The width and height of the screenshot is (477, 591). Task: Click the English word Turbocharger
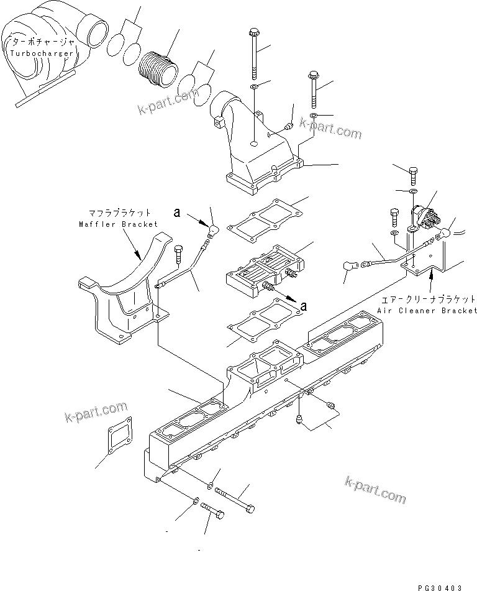[41, 53]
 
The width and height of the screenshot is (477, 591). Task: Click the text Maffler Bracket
[117, 224]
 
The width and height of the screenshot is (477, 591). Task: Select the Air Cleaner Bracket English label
[427, 309]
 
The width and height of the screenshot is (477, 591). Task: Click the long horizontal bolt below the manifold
[235, 500]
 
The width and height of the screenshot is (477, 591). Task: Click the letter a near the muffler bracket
[178, 213]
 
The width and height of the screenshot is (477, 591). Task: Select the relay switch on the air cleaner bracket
[425, 218]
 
